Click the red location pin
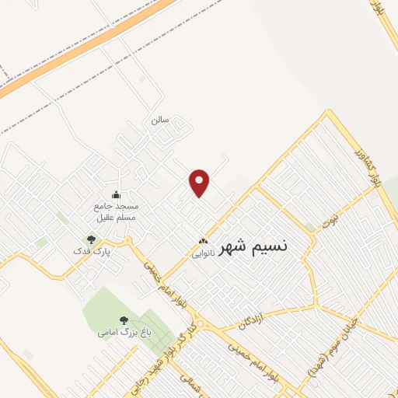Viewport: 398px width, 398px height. point(201,183)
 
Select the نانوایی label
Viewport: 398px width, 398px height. point(202,252)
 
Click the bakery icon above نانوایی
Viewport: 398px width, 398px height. point(203,241)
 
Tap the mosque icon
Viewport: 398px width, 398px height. point(117,195)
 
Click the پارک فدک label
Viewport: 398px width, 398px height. point(91,252)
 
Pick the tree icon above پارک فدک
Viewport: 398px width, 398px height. point(91,240)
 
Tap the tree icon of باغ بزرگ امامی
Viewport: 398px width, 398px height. point(123,320)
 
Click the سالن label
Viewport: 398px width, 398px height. point(160,121)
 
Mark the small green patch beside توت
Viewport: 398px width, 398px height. point(310,227)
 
